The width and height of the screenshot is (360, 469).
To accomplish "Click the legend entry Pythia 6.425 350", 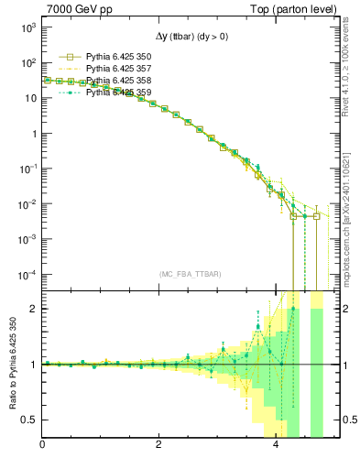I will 115,57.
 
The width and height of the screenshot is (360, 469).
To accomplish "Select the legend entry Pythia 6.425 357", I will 115,69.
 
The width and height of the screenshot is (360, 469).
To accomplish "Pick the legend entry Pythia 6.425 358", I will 115,81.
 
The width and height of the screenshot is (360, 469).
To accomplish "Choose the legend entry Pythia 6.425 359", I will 115,93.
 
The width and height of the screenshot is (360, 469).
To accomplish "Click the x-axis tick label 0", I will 42,446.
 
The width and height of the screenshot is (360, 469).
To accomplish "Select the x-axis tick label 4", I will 277,446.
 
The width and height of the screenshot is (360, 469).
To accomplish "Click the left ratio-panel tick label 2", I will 33,309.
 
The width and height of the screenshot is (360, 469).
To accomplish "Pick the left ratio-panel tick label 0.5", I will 29,420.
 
